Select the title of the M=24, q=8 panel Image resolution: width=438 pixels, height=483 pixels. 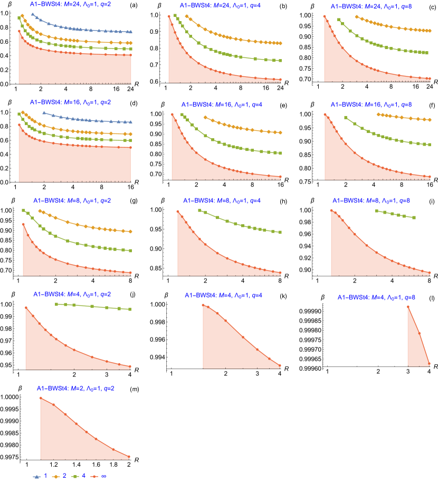click(371, 7)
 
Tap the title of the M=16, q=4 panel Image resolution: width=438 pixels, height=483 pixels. click(222, 105)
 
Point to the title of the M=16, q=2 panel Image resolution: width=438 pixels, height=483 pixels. click(70, 102)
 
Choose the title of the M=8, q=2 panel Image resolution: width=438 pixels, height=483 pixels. click(72, 200)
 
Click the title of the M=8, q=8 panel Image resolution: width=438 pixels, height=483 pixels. click(371, 200)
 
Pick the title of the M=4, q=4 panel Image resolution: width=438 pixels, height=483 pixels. click(223, 295)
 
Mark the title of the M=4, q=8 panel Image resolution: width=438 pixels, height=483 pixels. click(376, 297)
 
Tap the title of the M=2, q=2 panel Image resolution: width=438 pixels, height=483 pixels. click(75, 388)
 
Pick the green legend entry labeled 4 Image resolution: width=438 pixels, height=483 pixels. click(78, 476)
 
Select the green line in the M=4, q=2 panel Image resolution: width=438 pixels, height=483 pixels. click(92, 306)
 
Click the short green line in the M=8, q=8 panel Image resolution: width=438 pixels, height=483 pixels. click(395, 214)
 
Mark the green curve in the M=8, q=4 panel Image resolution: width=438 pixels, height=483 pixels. click(237, 222)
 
